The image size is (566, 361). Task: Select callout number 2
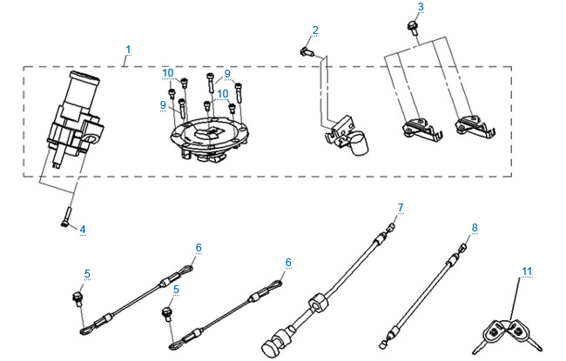click(315, 30)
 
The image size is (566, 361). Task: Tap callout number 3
click(421, 7)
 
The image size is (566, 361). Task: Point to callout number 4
click(82, 230)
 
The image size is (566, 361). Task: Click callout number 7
click(401, 207)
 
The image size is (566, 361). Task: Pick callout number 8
click(475, 228)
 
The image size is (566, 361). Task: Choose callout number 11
click(526, 271)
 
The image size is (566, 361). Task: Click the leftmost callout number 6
click(198, 248)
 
